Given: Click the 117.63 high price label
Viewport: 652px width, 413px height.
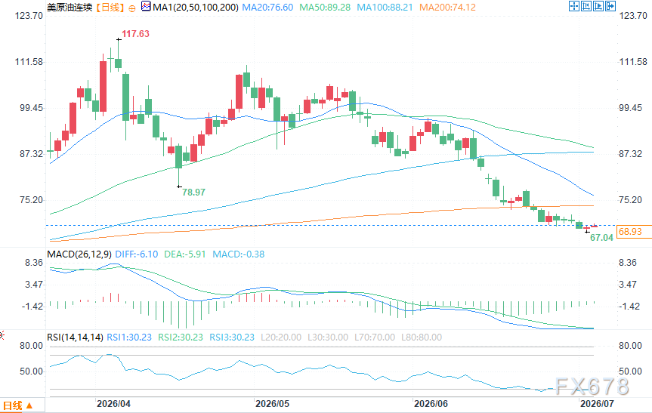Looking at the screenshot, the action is coord(135,34).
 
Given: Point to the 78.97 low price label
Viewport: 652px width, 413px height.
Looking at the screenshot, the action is coord(193,193).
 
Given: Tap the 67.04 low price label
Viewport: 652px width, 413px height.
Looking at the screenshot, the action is coord(601,238).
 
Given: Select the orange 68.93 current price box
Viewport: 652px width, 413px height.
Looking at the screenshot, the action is coord(630,232).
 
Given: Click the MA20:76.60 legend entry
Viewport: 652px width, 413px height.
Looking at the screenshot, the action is coord(267,8).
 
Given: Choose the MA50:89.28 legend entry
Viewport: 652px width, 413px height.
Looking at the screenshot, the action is coord(325,8).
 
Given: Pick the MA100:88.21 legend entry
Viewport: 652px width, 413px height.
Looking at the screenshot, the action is coord(385,8).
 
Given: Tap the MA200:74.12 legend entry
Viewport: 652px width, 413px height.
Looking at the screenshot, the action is coord(447,8).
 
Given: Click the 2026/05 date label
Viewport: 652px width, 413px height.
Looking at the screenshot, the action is coord(273,404).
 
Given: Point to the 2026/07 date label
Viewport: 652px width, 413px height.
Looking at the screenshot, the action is coord(597,404).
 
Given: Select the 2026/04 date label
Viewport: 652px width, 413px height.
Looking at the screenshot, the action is coord(113,404).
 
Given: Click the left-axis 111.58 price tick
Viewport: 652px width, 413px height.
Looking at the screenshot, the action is coord(29,62).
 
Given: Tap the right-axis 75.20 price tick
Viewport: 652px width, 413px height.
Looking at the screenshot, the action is coord(630,200).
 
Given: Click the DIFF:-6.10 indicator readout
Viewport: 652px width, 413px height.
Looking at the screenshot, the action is coord(137,254).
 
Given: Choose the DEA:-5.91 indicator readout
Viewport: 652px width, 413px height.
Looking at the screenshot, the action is coord(185,254).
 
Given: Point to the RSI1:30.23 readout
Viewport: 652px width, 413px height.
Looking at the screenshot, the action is coord(129,337).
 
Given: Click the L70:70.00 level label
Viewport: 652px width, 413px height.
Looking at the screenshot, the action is coord(375,337).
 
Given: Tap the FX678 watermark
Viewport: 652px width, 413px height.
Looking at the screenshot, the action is coord(592,387).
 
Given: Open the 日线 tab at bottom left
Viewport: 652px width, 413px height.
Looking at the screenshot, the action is coord(17,406).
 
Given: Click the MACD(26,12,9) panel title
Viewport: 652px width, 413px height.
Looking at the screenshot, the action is coord(79,254).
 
